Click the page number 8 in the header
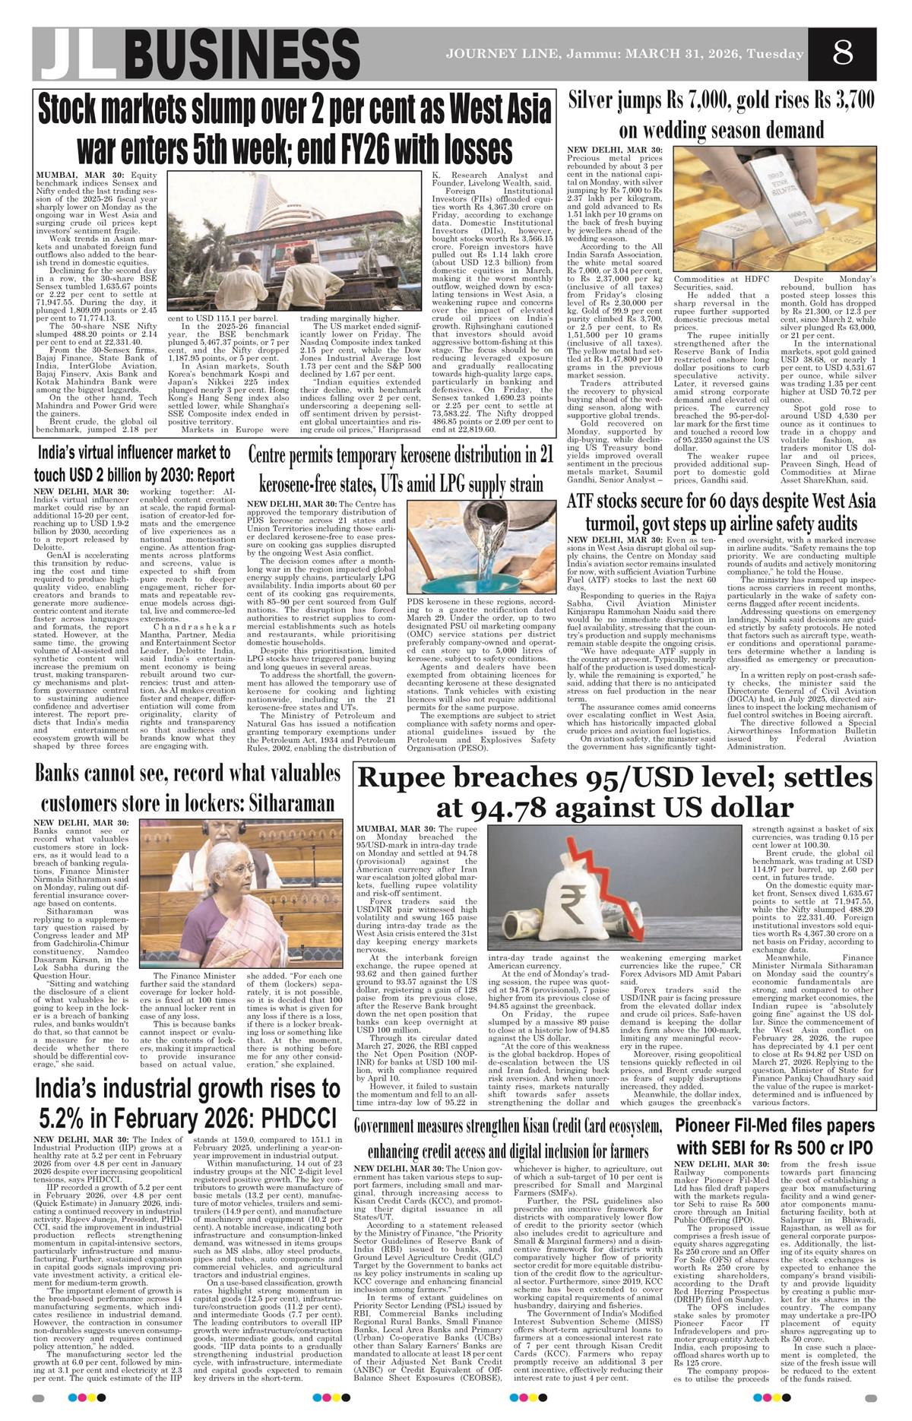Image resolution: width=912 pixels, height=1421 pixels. click(842, 54)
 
